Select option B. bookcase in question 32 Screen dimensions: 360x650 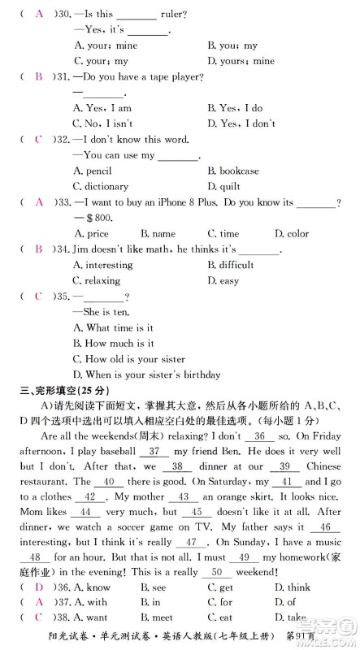tap(233, 171)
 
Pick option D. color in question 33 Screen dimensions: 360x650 tap(292, 233)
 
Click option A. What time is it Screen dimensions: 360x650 tap(114, 327)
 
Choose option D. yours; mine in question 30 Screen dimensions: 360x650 tap(241, 61)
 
